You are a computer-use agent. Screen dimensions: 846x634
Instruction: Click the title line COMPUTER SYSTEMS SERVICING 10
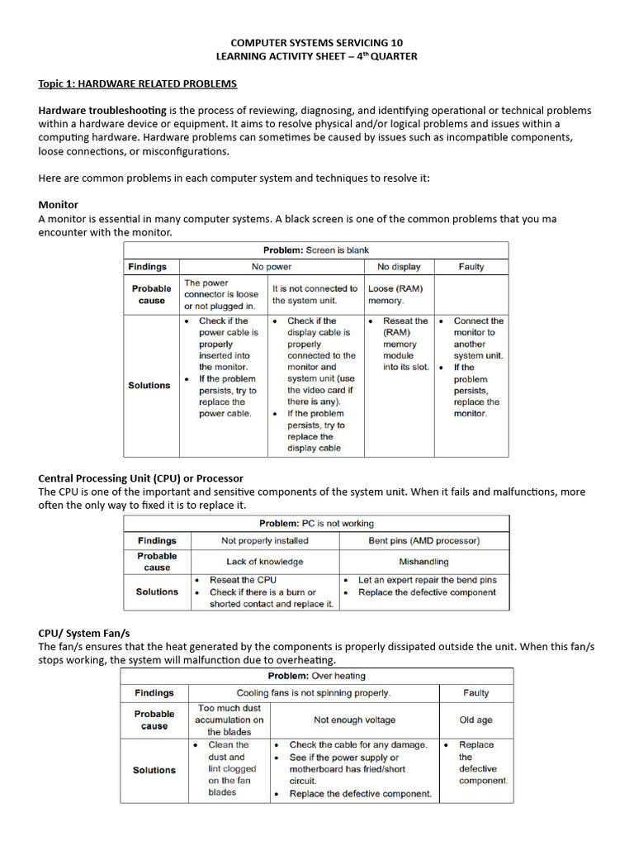tap(316, 42)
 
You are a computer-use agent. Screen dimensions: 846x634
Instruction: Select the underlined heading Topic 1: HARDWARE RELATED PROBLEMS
tap(137, 84)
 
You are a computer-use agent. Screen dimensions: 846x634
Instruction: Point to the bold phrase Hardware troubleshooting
tap(102, 111)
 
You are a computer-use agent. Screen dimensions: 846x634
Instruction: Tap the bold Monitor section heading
tap(58, 204)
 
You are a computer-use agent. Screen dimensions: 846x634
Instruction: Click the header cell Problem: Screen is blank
tap(315, 250)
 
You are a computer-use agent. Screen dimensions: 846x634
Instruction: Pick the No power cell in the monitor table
tap(272, 267)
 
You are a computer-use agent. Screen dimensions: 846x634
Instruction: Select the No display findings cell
tap(399, 267)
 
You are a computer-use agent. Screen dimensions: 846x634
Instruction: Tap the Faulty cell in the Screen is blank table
tap(471, 267)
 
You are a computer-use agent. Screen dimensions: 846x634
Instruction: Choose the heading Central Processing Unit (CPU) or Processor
tap(140, 478)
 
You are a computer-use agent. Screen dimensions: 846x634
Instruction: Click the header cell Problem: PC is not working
tap(315, 524)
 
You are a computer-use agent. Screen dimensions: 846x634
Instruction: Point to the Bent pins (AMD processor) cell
tap(423, 541)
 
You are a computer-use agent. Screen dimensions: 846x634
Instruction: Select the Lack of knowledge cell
tap(264, 562)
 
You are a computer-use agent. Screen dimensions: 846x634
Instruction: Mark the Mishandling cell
tap(423, 562)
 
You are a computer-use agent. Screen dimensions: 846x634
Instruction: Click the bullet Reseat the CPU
tap(243, 580)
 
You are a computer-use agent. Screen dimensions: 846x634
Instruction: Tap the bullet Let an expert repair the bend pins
tap(427, 580)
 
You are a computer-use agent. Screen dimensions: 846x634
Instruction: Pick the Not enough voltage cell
tap(354, 720)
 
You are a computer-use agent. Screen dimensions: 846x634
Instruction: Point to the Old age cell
tap(475, 720)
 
